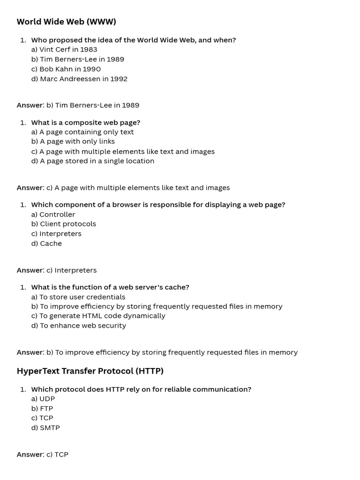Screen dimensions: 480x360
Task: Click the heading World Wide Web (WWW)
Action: (66, 22)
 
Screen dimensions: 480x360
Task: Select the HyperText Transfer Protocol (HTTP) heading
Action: (90, 371)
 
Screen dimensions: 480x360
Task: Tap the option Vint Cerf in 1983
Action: (64, 49)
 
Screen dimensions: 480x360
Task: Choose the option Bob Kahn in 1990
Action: (66, 69)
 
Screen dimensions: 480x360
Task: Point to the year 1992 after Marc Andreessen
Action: (119, 79)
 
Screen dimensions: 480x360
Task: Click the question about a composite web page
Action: (86, 122)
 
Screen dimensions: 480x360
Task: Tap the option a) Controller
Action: (53, 214)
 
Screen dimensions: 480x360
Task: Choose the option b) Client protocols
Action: (64, 224)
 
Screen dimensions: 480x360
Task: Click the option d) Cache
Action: (46, 243)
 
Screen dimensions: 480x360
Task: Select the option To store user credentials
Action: (78, 297)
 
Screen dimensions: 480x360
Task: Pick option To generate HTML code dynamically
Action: (98, 315)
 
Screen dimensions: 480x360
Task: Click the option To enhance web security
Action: (79, 325)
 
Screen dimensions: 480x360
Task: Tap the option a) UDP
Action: (43, 398)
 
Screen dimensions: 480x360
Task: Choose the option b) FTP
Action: (42, 408)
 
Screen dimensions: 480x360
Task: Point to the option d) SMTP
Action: (45, 427)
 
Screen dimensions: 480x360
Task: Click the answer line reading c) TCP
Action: (57, 454)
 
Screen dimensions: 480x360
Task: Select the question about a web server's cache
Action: (110, 287)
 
